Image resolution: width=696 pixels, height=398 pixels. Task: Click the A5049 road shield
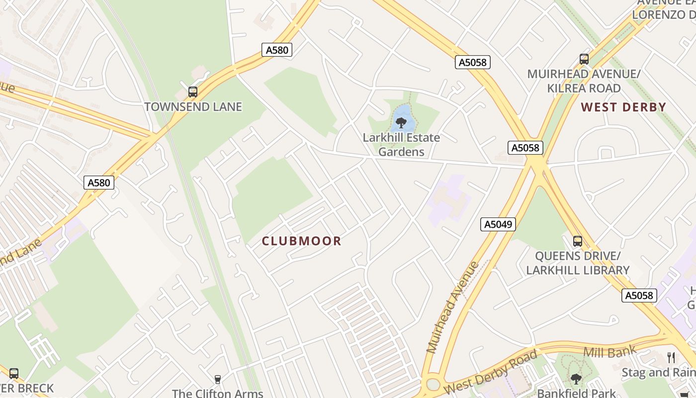click(x=498, y=224)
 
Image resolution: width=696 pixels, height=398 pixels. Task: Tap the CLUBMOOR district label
click(x=302, y=241)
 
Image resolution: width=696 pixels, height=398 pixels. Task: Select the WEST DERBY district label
click(x=623, y=107)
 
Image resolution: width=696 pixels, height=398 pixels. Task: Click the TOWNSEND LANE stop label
click(x=193, y=106)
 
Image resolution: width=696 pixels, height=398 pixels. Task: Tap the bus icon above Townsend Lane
click(x=193, y=92)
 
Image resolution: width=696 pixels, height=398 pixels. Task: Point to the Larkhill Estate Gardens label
click(x=401, y=144)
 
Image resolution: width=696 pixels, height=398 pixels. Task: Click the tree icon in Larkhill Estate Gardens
click(x=401, y=122)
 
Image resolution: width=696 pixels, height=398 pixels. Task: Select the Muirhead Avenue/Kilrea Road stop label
click(x=584, y=81)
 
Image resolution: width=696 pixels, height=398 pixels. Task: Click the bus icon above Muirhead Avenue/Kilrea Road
click(x=584, y=59)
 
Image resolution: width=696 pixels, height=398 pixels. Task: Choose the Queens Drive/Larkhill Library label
click(x=578, y=263)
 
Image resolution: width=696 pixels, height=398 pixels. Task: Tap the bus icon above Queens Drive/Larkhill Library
click(x=578, y=241)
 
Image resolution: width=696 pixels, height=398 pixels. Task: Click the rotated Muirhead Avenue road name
click(x=453, y=307)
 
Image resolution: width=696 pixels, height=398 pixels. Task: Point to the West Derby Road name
click(x=490, y=372)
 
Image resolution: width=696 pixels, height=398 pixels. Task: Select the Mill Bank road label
click(x=609, y=352)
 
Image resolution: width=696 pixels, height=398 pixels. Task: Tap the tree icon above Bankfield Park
click(x=576, y=379)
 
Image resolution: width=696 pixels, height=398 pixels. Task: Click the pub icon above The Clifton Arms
click(x=217, y=380)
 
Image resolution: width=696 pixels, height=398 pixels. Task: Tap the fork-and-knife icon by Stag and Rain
click(x=671, y=357)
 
